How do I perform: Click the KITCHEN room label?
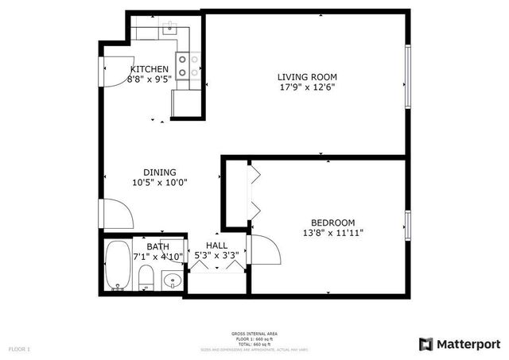point(150,69)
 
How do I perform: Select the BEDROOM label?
point(333,223)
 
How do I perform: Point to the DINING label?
point(159,172)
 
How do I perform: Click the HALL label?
point(216,246)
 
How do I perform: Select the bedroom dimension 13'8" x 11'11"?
point(333,233)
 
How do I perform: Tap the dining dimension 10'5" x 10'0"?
point(159,182)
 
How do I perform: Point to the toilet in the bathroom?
point(146,277)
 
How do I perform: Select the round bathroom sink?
point(172,280)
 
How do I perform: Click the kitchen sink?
point(169,29)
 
